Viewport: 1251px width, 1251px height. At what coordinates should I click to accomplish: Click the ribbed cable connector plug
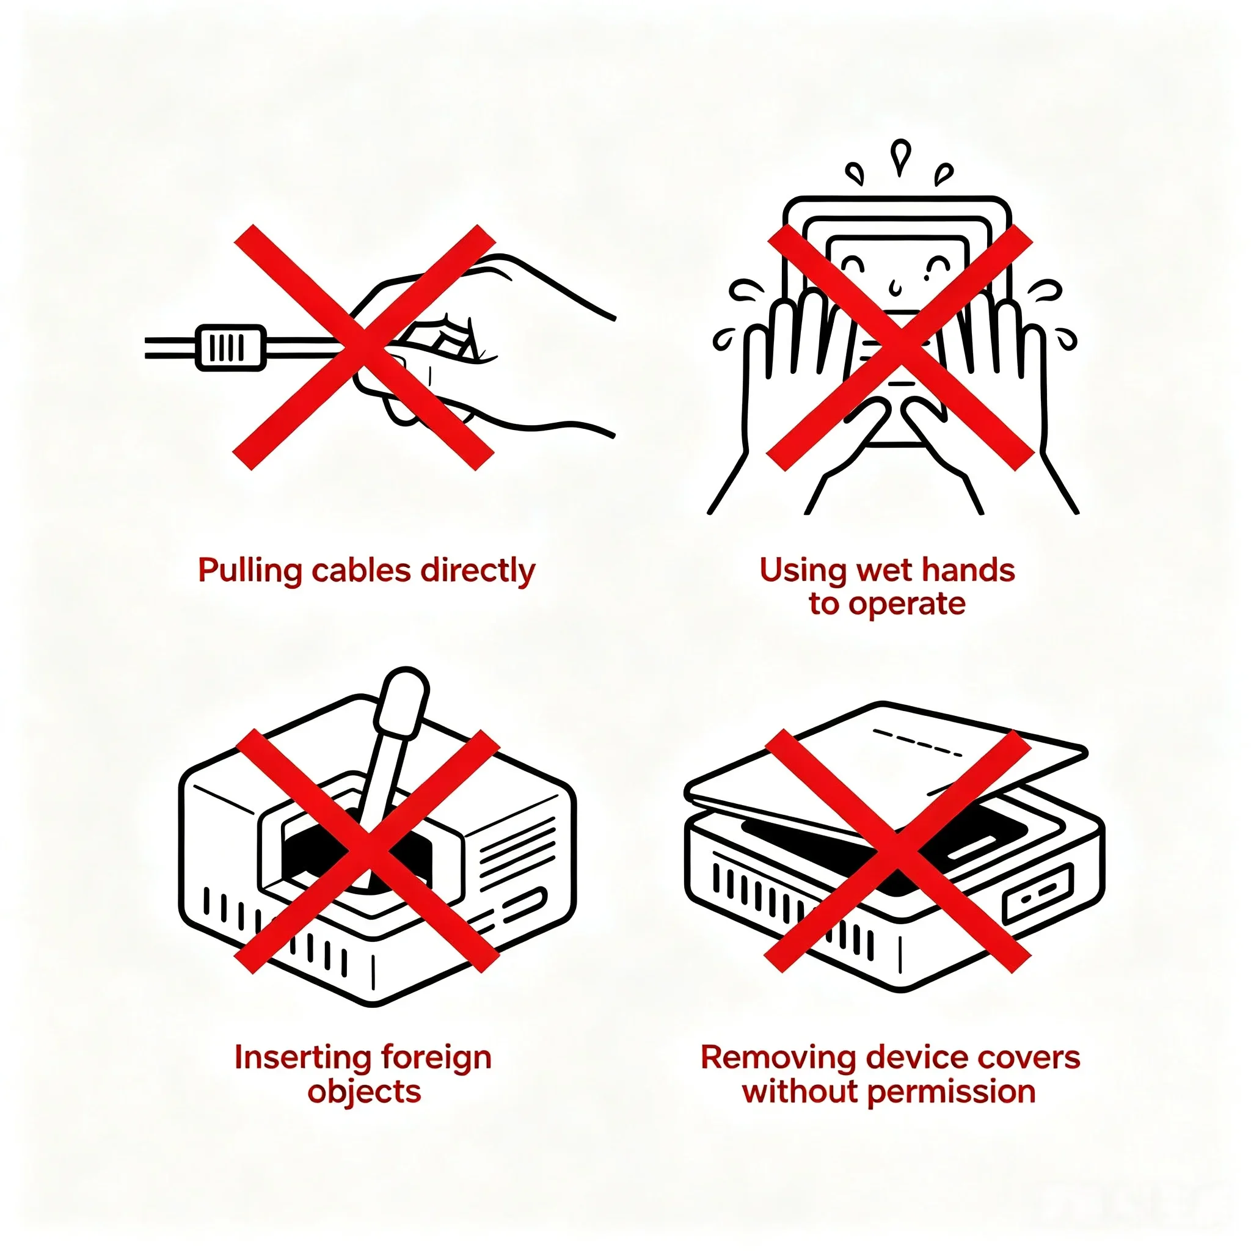(x=230, y=348)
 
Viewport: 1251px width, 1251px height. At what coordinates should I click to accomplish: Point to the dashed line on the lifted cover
(x=917, y=743)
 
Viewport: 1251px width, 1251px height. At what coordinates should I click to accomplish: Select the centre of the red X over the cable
(x=364, y=348)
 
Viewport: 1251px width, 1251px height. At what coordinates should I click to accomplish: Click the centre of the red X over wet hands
(x=900, y=348)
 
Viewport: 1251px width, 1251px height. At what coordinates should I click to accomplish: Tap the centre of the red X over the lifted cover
(x=897, y=852)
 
